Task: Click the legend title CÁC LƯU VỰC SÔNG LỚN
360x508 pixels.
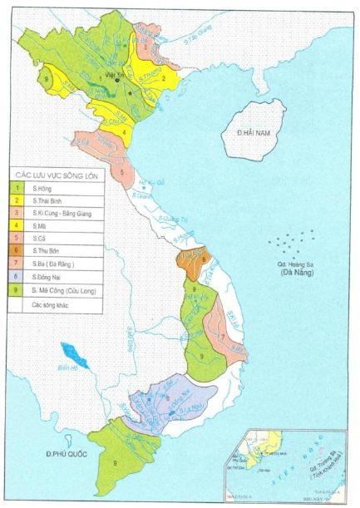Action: (x=57, y=174)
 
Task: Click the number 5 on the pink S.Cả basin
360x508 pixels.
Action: (x=123, y=173)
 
